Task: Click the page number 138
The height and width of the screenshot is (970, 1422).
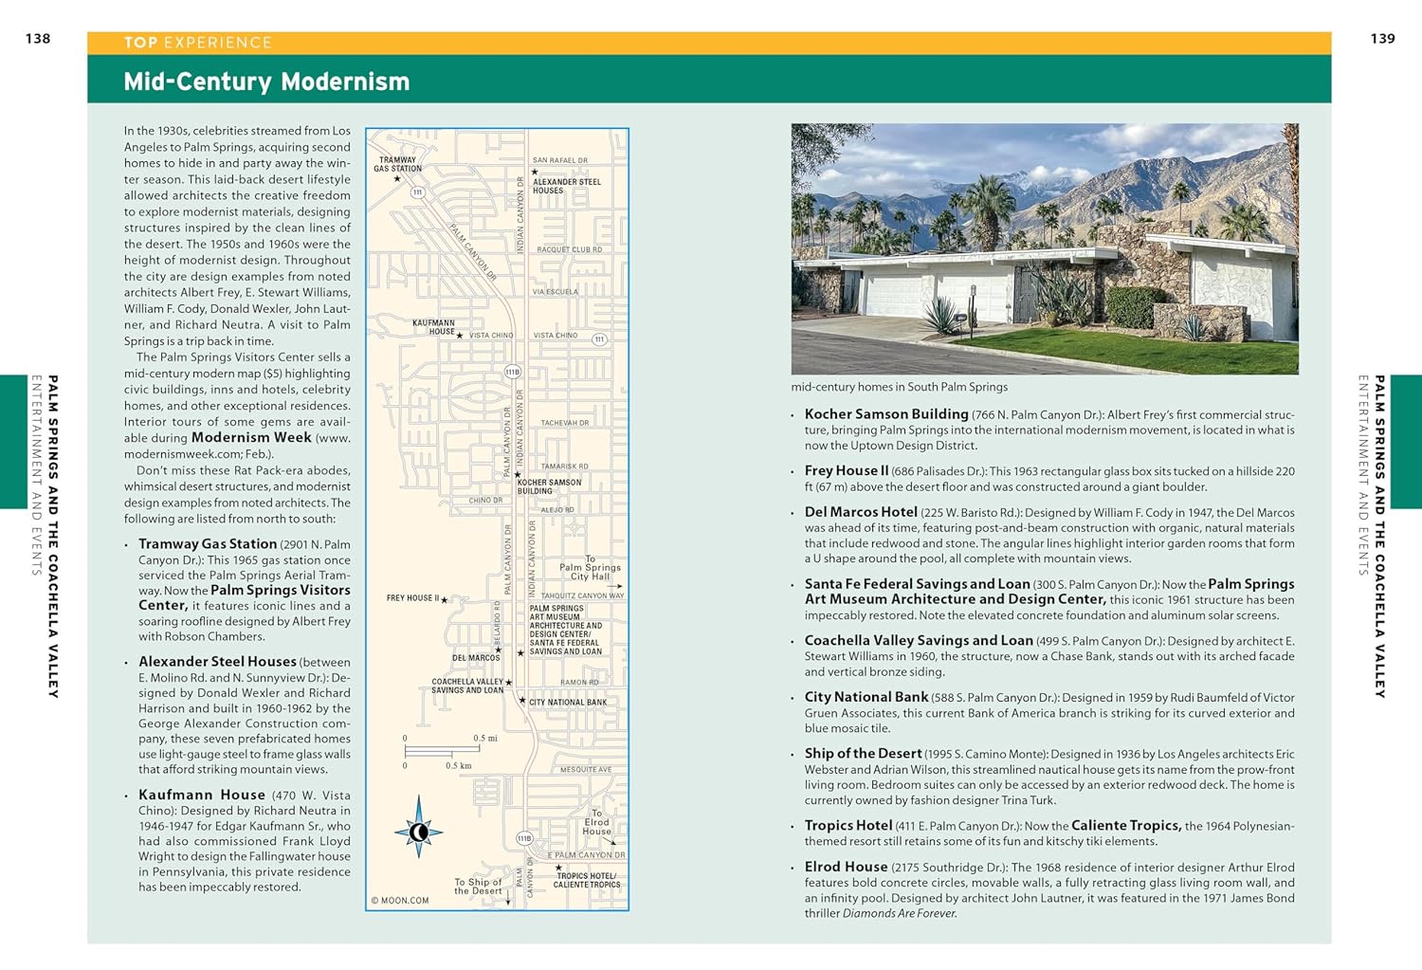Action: (38, 39)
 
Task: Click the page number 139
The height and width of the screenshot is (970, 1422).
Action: (1382, 39)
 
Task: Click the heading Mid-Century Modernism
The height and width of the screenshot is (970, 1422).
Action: (266, 82)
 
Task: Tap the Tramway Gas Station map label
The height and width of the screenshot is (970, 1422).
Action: (397, 164)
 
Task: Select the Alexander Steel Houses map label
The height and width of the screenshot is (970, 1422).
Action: (566, 186)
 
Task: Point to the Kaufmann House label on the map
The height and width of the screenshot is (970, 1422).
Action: (433, 327)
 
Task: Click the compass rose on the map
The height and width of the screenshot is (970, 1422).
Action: (418, 833)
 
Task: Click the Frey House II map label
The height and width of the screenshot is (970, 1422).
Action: (412, 598)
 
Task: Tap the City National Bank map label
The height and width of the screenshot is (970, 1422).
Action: (567, 703)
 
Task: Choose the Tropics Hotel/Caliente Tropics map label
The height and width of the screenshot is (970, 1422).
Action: (586, 880)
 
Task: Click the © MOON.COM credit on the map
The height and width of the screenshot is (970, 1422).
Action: (400, 901)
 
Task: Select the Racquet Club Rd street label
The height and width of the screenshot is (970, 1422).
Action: (569, 249)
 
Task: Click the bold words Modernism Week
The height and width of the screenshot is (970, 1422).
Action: (251, 437)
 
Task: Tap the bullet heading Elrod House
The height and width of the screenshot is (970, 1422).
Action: (846, 867)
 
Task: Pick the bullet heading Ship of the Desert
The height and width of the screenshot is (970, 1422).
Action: (863, 753)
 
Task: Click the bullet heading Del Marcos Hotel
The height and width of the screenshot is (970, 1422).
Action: (861, 512)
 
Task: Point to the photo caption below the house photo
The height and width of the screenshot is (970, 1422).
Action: (899, 387)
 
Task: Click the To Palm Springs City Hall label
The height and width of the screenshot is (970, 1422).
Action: (590, 568)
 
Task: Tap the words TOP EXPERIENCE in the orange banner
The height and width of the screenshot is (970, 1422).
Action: (197, 43)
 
